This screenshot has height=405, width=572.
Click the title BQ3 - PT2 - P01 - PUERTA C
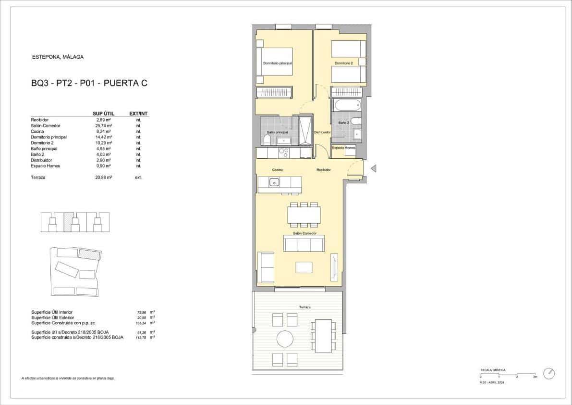tap(89, 83)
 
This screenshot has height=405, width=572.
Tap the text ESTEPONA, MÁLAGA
tap(58, 57)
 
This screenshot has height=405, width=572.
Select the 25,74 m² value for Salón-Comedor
tap(104, 126)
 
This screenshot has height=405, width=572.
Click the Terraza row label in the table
tap(38, 177)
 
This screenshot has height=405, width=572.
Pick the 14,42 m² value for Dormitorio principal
tap(104, 137)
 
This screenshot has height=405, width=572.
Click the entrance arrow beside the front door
tap(373, 168)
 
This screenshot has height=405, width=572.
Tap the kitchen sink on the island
tap(274, 182)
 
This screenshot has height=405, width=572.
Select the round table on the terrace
tap(284, 340)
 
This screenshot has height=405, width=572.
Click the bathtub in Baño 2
tap(345, 104)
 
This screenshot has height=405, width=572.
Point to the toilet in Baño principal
tap(267, 140)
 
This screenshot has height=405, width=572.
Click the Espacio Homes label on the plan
tap(344, 148)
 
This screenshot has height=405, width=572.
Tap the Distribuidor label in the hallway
tap(322, 132)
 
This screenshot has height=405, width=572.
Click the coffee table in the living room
tap(304, 267)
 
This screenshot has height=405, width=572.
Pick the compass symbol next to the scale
tap(549, 374)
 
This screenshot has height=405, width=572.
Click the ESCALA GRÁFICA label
tap(493, 370)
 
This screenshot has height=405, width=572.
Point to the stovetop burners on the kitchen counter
tap(283, 153)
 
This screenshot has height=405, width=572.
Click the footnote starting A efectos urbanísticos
tap(68, 379)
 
